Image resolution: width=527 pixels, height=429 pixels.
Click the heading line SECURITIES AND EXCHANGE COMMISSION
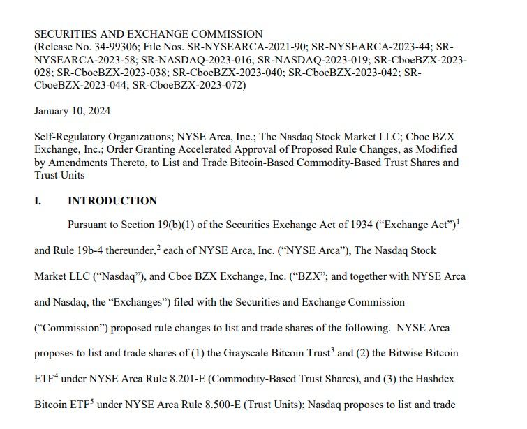pyautogui.click(x=148, y=34)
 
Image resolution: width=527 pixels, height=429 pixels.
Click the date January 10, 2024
pyautogui.click(x=72, y=112)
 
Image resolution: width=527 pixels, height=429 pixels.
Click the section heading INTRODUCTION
pyautogui.click(x=112, y=201)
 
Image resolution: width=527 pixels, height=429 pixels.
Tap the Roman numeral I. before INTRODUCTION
pyautogui.click(x=38, y=201)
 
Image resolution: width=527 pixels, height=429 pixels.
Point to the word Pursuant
pyautogui.click(x=89, y=225)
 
